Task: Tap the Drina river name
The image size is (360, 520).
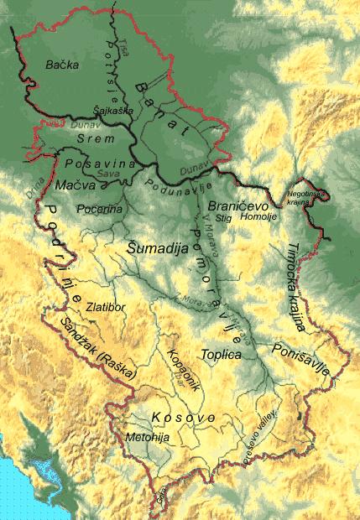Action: coord(34,193)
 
